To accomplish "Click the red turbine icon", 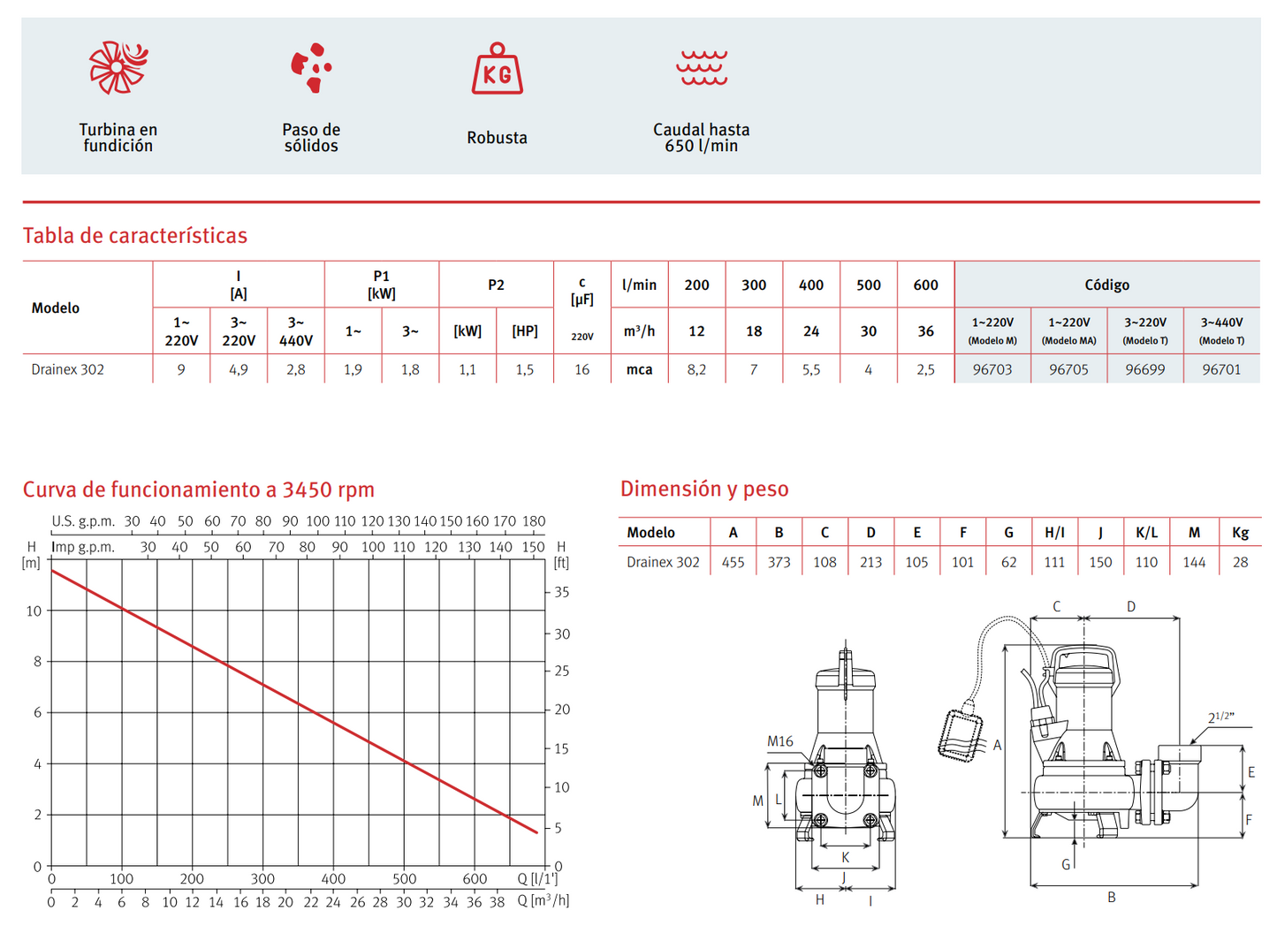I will pyautogui.click(x=118, y=67).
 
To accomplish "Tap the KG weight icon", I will pyautogui.click(x=497, y=70).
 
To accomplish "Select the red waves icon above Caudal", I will pyautogui.click(x=702, y=68).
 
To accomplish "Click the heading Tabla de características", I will pyautogui.click(x=135, y=236).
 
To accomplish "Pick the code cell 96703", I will pyautogui.click(x=992, y=369).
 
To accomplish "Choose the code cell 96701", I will pyautogui.click(x=1221, y=369).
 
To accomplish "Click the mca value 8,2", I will pyautogui.click(x=696, y=369).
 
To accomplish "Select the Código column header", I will pyautogui.click(x=1106, y=285).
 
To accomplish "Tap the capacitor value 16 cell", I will pyautogui.click(x=581, y=369).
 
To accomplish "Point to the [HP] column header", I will pyautogui.click(x=525, y=331).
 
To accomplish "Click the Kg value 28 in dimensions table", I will pyautogui.click(x=1240, y=562).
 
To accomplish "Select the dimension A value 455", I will pyautogui.click(x=733, y=562).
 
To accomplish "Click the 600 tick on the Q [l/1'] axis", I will pyautogui.click(x=475, y=879).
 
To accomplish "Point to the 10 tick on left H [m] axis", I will pyautogui.click(x=34, y=611).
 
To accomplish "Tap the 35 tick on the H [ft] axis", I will pyautogui.click(x=561, y=593).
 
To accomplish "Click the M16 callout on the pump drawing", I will pyautogui.click(x=779, y=741).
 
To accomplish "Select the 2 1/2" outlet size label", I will pyautogui.click(x=1220, y=717).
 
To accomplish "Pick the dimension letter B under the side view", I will pyautogui.click(x=1111, y=898).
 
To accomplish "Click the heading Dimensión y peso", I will pyautogui.click(x=704, y=489).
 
